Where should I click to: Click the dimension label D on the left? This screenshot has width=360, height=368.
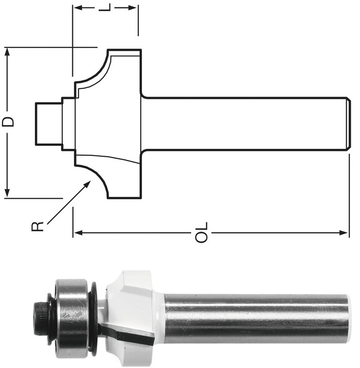click(x=8, y=122)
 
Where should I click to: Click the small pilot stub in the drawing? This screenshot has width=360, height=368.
click(x=48, y=123)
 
